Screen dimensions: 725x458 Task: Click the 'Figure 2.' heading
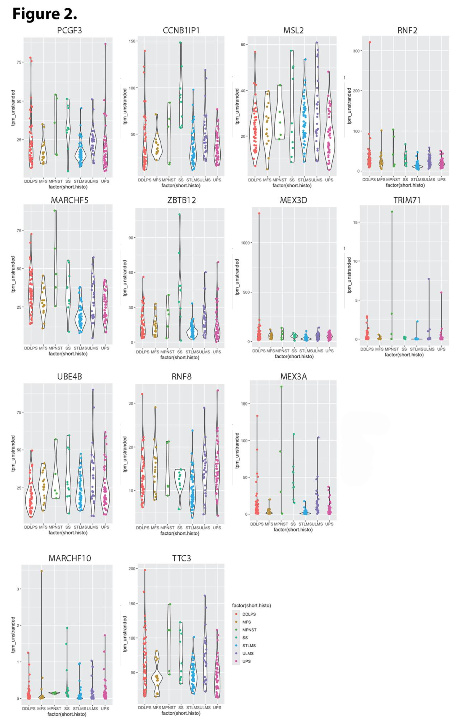45,14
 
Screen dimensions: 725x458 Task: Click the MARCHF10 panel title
70,558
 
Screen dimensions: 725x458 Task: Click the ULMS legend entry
248,653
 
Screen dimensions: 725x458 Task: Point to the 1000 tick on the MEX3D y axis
245,243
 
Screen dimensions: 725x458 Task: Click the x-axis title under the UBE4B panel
68,533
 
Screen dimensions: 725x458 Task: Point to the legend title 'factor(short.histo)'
251,605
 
